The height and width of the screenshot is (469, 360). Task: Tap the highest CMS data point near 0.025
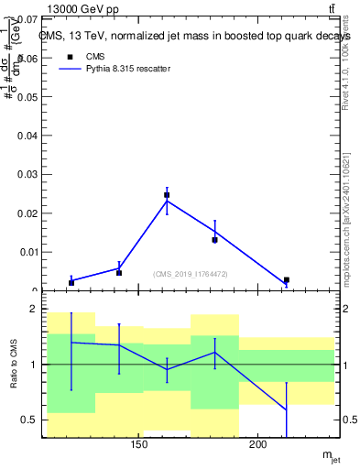[167, 195]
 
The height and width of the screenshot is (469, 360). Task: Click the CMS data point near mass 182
[214, 240]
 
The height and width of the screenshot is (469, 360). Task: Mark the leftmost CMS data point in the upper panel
[71, 282]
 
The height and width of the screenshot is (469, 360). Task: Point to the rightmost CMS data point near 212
[287, 280]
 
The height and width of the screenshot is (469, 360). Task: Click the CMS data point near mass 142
[119, 272]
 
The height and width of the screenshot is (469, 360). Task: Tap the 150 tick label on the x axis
[139, 445]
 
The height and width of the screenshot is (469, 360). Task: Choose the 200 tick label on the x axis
[258, 445]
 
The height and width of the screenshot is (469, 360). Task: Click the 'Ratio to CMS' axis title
[14, 365]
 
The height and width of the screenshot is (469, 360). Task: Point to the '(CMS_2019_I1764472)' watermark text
[191, 274]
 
